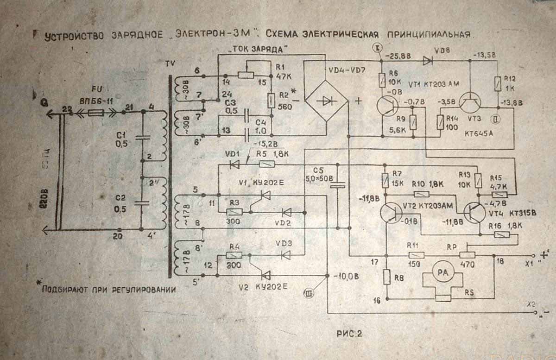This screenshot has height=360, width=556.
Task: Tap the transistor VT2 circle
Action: (392, 213)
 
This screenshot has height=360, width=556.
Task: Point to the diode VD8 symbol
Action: (428, 60)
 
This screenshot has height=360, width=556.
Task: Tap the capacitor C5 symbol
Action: (338, 185)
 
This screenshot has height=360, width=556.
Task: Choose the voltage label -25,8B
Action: (399, 56)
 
